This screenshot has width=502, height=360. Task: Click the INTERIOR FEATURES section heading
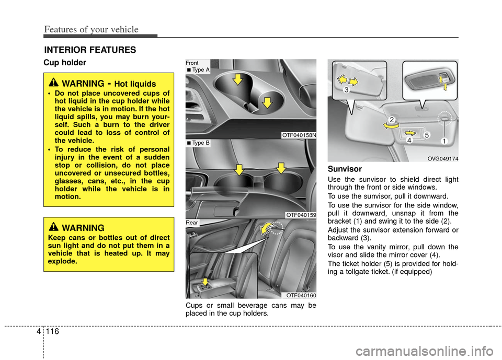click(90, 50)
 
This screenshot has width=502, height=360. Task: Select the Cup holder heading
click(65, 63)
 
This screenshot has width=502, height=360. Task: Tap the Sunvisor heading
click(344, 169)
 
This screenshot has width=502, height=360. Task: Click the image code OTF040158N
click(299, 135)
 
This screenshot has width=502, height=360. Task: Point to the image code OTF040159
click(301, 215)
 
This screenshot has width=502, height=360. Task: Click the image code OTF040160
click(301, 295)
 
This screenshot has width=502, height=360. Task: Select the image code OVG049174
click(442, 158)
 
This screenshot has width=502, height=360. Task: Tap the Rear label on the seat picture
click(192, 223)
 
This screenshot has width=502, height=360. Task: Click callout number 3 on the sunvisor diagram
click(346, 90)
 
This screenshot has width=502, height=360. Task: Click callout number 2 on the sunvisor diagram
click(391, 121)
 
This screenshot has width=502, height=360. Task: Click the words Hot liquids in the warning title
click(135, 84)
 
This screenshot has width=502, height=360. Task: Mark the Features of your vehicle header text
click(91, 29)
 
